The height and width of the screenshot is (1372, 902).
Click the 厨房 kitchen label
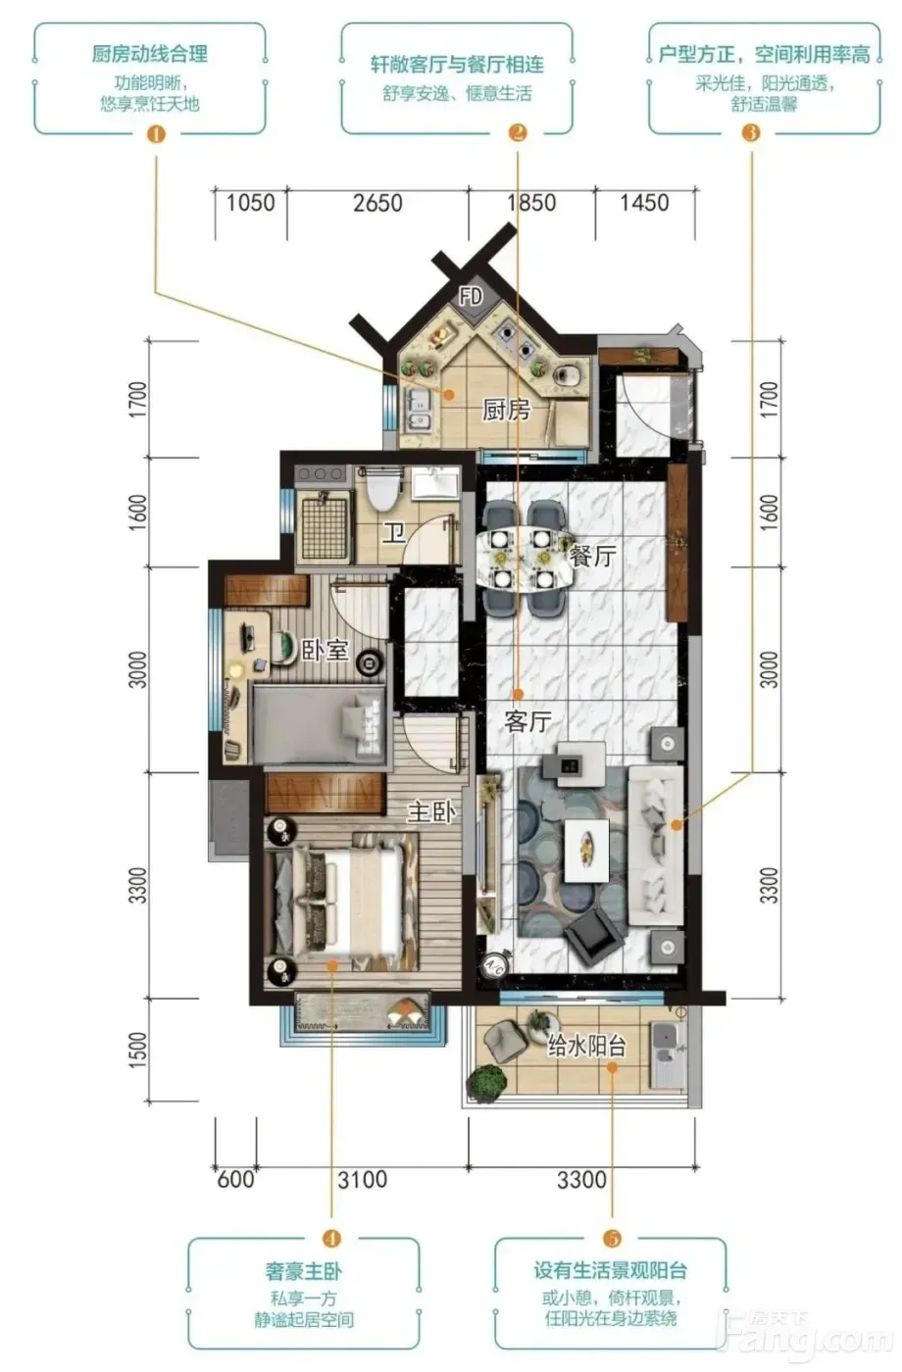click(506, 410)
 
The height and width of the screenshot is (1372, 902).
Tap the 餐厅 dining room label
click(592, 557)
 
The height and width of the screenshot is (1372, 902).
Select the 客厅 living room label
click(527, 721)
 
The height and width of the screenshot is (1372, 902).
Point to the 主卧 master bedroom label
click(432, 812)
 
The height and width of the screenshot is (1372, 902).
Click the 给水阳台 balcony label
click(587, 1047)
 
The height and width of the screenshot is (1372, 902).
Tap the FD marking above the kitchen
click(471, 297)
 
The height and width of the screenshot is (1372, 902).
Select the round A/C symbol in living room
click(494, 966)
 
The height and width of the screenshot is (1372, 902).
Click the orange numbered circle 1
click(157, 133)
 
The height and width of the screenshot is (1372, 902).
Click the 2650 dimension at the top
click(377, 204)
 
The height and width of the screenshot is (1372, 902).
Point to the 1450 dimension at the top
click(645, 203)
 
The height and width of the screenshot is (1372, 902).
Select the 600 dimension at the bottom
click(235, 1179)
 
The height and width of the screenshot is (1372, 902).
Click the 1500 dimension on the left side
click(138, 1051)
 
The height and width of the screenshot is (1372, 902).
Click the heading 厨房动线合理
click(150, 54)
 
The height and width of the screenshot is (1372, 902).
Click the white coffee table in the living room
click(586, 851)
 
